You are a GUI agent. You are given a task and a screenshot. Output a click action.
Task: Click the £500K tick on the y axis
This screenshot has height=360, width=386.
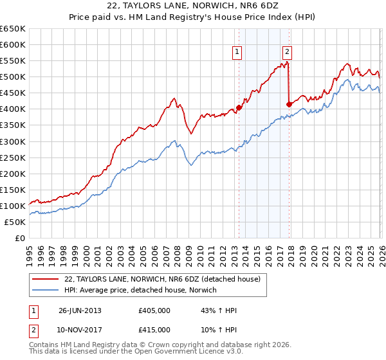[x=13, y=77]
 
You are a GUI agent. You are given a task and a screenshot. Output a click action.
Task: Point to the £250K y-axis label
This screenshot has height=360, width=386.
[x=13, y=157]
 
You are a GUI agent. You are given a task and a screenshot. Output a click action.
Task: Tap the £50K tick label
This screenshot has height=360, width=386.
[x=15, y=222]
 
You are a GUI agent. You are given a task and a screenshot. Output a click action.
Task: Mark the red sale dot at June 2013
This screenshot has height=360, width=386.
[x=239, y=107]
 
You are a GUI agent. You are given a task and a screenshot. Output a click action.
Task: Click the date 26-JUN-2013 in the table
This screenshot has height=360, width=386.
[x=80, y=310]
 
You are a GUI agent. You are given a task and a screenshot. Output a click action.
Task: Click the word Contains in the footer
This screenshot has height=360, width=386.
[x=44, y=346]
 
